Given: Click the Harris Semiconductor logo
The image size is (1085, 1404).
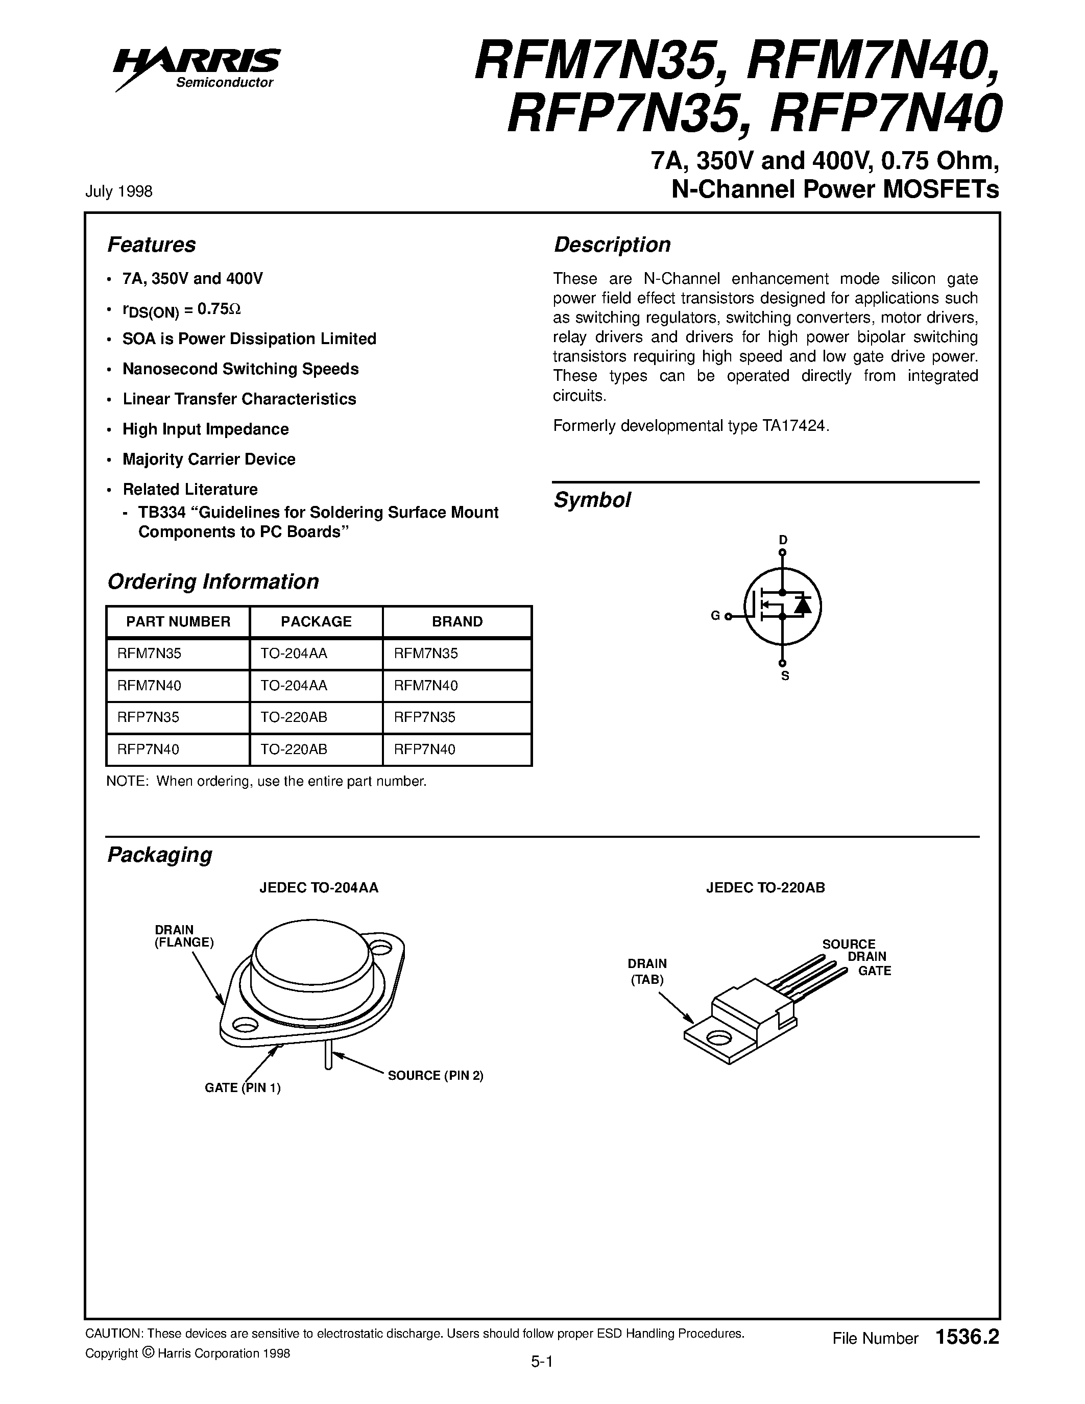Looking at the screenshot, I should click(x=196, y=67).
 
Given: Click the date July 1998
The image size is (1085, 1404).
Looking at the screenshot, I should click(x=119, y=191).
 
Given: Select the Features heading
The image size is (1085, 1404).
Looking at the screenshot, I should click(x=151, y=245).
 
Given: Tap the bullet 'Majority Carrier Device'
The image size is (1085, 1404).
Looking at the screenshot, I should click(x=209, y=459).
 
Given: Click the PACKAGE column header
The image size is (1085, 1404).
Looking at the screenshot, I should click(x=316, y=622).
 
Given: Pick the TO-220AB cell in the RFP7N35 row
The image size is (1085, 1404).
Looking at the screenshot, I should click(x=294, y=717).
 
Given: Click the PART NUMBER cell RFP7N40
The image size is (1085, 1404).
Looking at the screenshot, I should click(x=149, y=749).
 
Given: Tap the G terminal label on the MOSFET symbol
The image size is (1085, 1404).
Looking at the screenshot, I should click(x=715, y=616).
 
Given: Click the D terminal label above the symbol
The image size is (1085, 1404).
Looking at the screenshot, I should click(x=783, y=540).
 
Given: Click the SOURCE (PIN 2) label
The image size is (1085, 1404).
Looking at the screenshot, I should click(x=435, y=1076).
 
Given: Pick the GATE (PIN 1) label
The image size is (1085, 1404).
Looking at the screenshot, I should click(x=243, y=1087).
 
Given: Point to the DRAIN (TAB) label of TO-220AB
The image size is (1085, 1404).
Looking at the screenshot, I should click(x=647, y=972).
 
